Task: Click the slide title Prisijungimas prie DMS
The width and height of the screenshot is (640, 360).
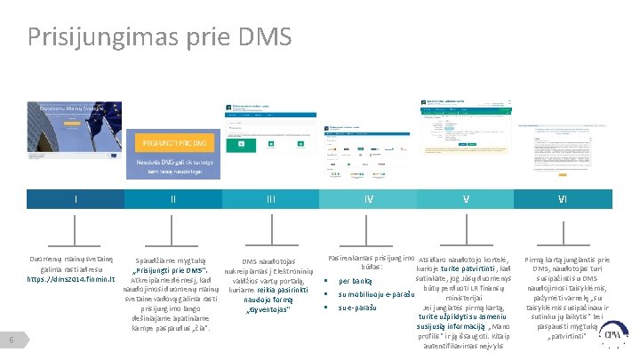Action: point(159,36)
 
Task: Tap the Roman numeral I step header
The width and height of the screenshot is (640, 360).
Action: point(76,199)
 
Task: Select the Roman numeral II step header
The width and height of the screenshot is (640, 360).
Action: point(173,199)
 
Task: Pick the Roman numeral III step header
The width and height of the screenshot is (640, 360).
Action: point(270,199)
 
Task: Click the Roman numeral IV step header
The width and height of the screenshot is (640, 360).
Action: point(368,199)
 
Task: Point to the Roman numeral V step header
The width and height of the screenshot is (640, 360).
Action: point(466,199)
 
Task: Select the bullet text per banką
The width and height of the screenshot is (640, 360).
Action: point(356,281)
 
